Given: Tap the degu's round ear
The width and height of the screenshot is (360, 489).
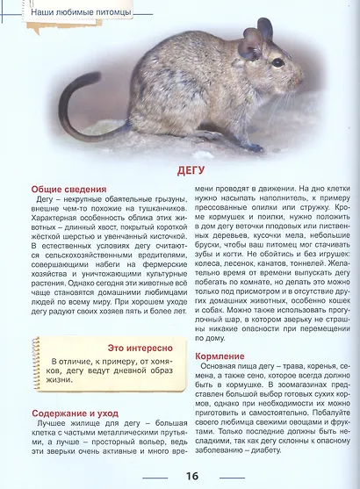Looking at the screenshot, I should point(253,42).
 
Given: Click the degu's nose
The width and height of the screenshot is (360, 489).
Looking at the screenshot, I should point(302,77).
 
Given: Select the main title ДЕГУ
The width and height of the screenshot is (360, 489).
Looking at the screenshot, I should point(179,169).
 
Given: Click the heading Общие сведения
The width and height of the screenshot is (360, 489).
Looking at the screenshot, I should point(69,189).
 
